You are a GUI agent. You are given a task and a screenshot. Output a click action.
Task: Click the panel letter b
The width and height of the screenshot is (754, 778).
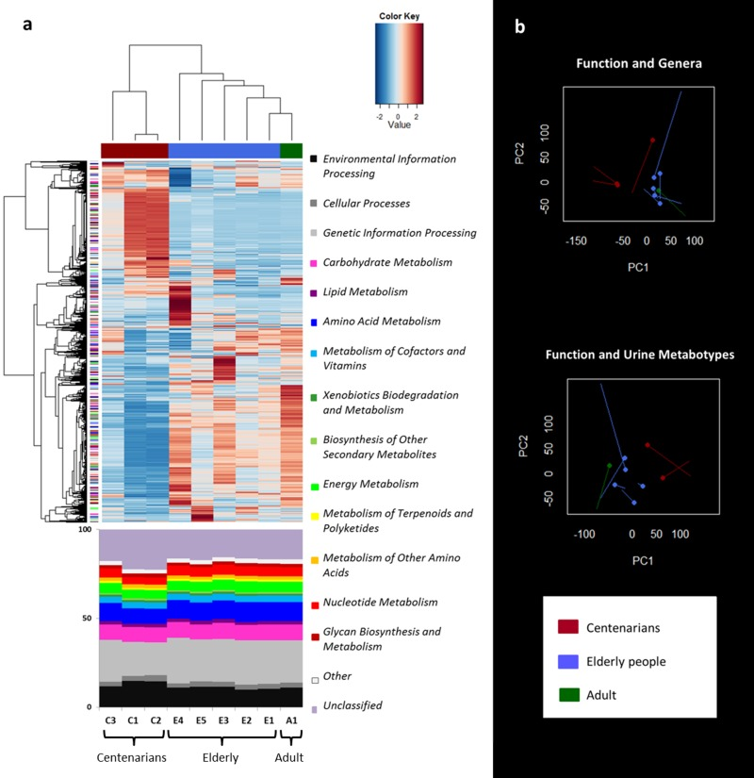click(520, 28)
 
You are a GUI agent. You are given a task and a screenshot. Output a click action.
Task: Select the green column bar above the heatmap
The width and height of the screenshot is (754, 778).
click(291, 151)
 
